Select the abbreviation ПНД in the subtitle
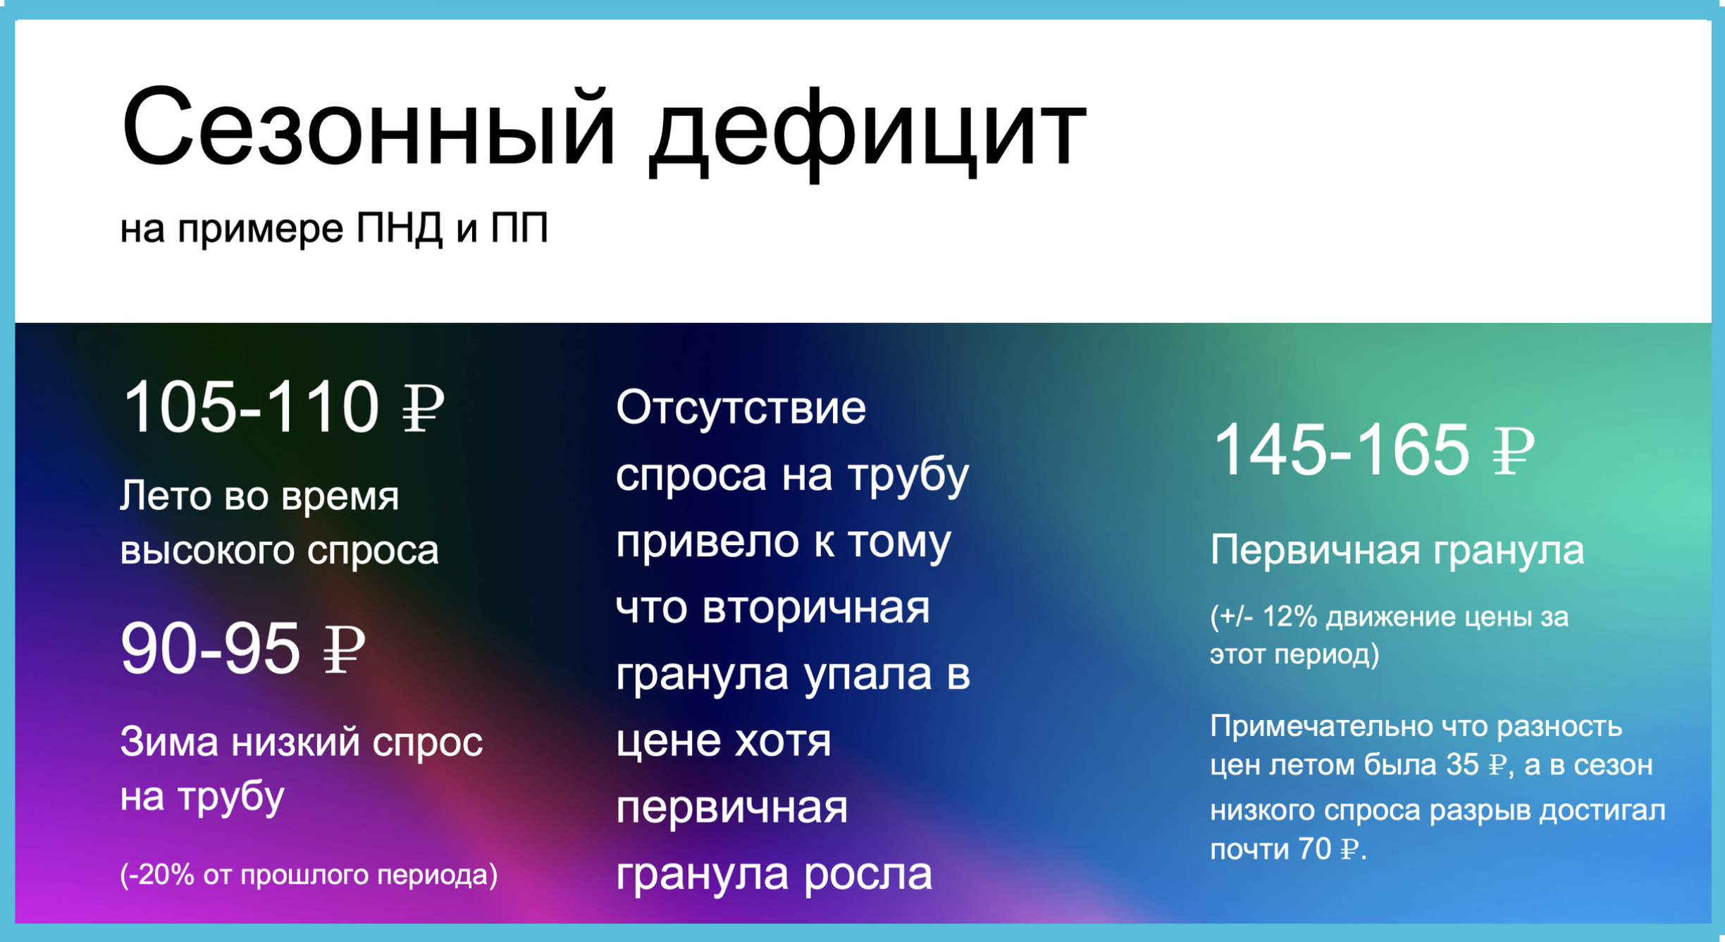pos(400,229)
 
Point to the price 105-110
pos(251,407)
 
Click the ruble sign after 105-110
pos(423,408)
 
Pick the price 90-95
pos(211,649)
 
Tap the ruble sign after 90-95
pos(345,649)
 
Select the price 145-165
pos(1342,450)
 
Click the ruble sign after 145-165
pos(1514,451)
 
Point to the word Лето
pos(166,496)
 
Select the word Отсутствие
pos(741,408)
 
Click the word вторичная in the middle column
pos(816,608)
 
